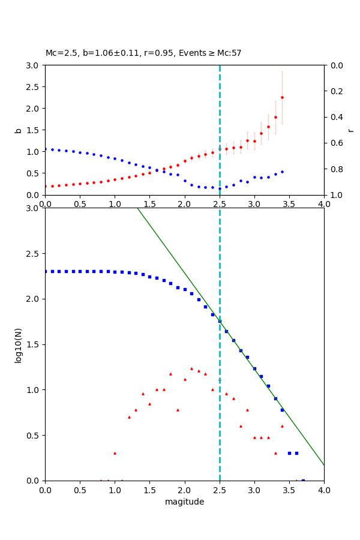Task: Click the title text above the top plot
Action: [x=143, y=53]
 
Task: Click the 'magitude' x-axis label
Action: [x=184, y=502]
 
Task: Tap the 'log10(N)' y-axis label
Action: [x=18, y=344]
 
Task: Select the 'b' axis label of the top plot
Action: [x=18, y=130]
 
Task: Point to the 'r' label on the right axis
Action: [x=350, y=130]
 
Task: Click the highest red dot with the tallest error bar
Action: [x=282, y=97]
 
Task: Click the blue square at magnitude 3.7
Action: [x=303, y=480]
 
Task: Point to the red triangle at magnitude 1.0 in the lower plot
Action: [x=115, y=453]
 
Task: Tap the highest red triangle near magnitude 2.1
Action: [x=191, y=368]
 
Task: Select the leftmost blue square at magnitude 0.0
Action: [x=46, y=271]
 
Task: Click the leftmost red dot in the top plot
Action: [x=46, y=186]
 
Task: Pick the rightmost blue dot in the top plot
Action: [x=282, y=172]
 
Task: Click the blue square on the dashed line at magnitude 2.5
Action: [x=220, y=321]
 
